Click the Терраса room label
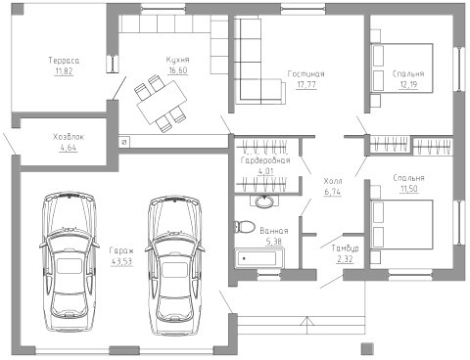tap(64, 61)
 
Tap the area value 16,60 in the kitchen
tap(178, 70)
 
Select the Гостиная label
tap(306, 74)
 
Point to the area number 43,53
tap(121, 261)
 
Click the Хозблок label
tap(69, 137)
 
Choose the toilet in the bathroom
tap(244, 227)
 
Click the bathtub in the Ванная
tap(259, 258)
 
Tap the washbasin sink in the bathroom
tap(264, 202)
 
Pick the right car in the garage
tap(174, 265)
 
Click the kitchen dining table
tap(163, 102)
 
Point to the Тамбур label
tap(346, 248)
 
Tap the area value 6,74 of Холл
tap(333, 192)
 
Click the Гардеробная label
tap(265, 160)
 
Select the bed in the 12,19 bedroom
tap(401, 68)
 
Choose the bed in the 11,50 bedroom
tap(401, 225)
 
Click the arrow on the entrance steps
tap(306, 325)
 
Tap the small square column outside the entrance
tap(367, 348)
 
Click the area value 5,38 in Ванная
tap(274, 242)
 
